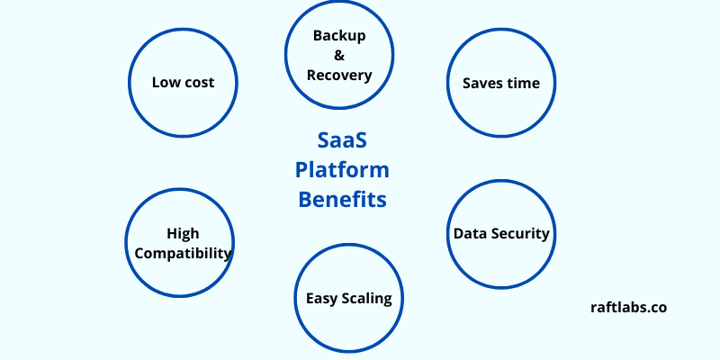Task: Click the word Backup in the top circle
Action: [339, 36]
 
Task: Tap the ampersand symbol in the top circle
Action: [339, 56]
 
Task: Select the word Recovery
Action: [339, 76]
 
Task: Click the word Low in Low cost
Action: [166, 83]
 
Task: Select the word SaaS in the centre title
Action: [343, 141]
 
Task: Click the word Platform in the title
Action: [343, 170]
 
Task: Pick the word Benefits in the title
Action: [343, 198]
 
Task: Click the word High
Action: [183, 234]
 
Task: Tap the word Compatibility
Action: [183, 254]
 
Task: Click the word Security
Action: [519, 234]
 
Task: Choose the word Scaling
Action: [367, 299]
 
